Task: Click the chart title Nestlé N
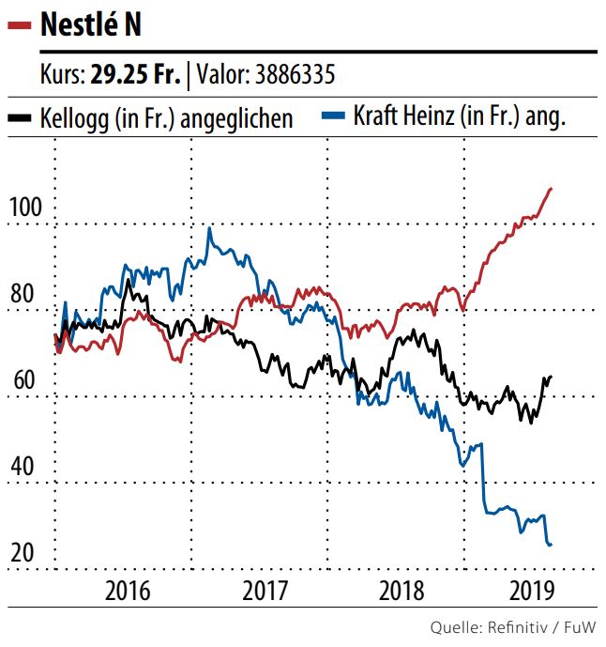[x=93, y=25]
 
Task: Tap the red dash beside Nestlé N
[x=21, y=26]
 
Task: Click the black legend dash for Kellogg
[x=21, y=118]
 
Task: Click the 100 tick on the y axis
[x=26, y=207]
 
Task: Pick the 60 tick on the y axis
[x=23, y=380]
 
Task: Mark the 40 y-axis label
[x=23, y=467]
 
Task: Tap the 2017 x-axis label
[x=265, y=592]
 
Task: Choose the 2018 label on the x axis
[x=401, y=592]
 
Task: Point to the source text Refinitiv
[x=522, y=626]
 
